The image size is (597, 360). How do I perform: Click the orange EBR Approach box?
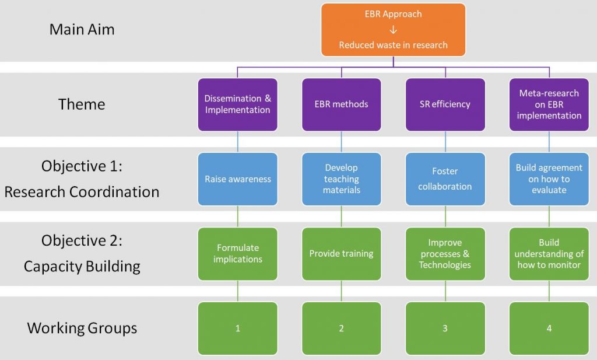(394, 30)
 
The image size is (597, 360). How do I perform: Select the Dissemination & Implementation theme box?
(238, 104)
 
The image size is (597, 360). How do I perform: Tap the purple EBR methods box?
(342, 104)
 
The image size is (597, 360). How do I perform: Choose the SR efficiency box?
(445, 104)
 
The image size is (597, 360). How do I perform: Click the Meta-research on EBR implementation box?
(549, 104)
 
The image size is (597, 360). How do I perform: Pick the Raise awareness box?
(238, 179)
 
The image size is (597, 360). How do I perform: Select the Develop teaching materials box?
(342, 179)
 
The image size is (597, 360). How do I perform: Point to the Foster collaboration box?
(445, 179)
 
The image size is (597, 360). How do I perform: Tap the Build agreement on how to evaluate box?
(549, 179)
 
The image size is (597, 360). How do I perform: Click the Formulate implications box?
(238, 254)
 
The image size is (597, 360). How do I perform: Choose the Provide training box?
(342, 254)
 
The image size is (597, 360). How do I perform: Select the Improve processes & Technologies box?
(445, 254)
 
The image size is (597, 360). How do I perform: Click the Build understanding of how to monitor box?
(549, 254)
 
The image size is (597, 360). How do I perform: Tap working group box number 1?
(238, 328)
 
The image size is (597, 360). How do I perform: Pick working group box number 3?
(445, 328)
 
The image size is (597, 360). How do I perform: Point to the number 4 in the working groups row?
(549, 328)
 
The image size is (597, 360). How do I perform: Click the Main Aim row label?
(82, 29)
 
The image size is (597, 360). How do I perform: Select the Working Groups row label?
(82, 328)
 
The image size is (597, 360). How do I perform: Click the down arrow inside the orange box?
(394, 29)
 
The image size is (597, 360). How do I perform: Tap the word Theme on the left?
(82, 104)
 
